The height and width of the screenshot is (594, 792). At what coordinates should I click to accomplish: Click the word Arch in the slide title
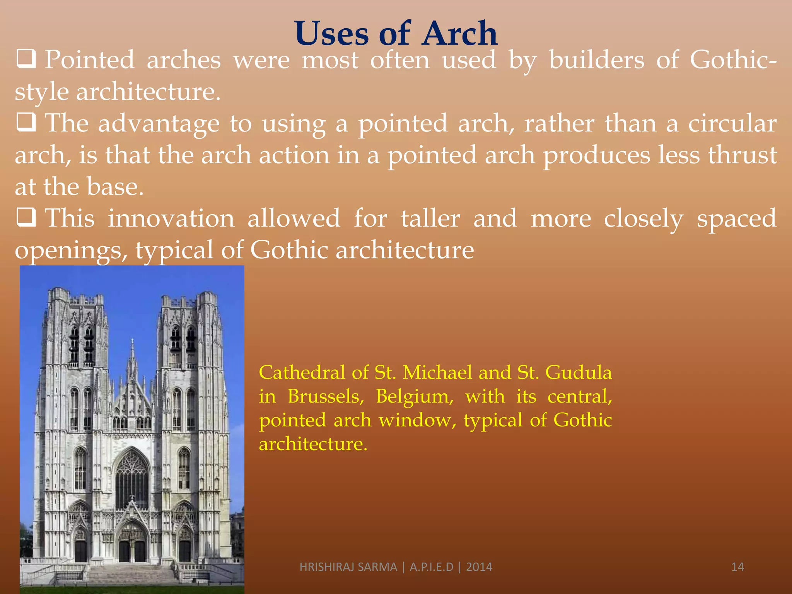tap(459, 34)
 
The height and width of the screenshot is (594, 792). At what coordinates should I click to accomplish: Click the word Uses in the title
tap(331, 34)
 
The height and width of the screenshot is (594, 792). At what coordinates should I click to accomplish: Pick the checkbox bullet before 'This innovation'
tap(26, 217)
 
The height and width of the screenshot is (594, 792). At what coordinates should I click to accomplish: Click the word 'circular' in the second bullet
tap(732, 123)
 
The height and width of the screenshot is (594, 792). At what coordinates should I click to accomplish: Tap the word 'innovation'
tap(171, 218)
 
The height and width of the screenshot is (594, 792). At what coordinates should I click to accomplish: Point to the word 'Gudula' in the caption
tap(579, 372)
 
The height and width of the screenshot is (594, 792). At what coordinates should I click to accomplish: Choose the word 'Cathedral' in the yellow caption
tap(302, 372)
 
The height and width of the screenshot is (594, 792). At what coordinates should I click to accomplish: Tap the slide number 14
tap(737, 567)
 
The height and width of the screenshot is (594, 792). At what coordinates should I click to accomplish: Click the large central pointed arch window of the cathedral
tap(132, 480)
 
